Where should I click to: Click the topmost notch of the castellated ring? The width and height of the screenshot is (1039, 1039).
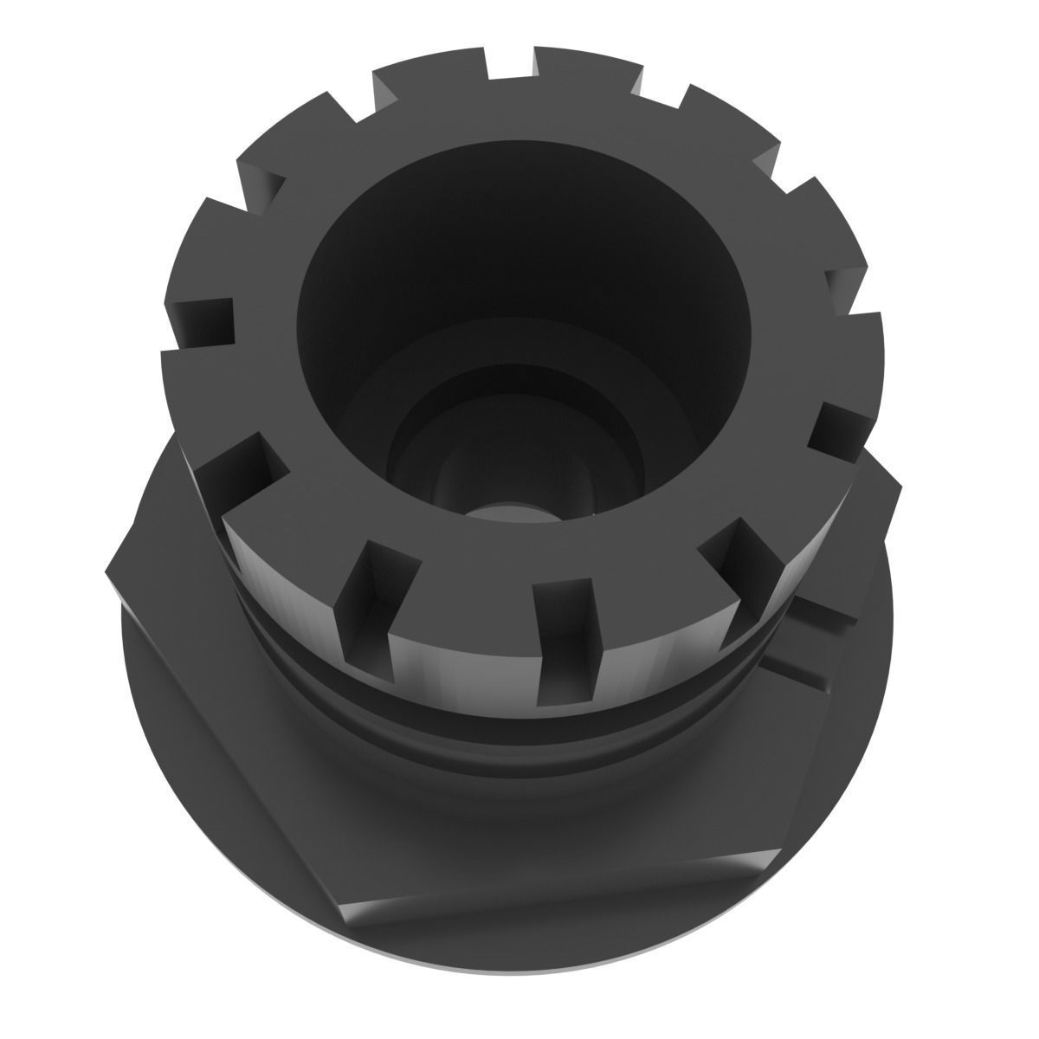[x=511, y=62]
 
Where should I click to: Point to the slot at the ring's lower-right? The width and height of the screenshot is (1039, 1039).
[x=736, y=554]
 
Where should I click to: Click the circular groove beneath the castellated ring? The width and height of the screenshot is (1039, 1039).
[x=519, y=736]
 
